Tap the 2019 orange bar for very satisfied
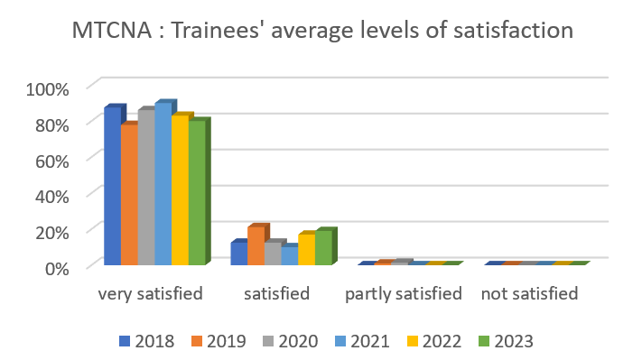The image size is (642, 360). coord(129,195)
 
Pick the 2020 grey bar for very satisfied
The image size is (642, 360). coord(146,188)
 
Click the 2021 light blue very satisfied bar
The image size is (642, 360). coord(163,184)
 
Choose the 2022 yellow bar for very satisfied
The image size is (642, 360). coord(180,190)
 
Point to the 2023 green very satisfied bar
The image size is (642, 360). coord(197,192)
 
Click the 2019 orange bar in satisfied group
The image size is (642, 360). coord(256,246)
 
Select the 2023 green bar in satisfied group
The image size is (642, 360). coord(323,248)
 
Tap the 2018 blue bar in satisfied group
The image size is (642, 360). coord(238,254)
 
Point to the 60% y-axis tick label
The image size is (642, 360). coord(51,160)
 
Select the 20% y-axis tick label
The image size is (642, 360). coord(51,231)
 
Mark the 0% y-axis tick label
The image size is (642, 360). coord(56,266)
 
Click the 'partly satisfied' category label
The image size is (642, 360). coord(404,294)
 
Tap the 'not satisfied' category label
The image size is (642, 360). coord(529,294)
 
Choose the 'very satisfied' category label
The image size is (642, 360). coord(150,294)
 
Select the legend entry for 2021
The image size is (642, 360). coord(361,341)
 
